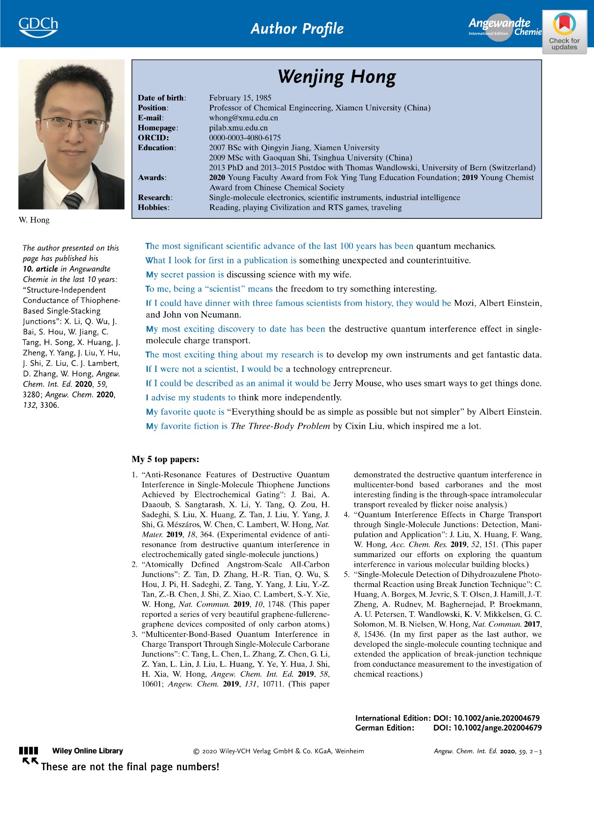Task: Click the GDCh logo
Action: (38, 27)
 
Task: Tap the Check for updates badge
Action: (564, 32)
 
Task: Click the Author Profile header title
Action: (297, 29)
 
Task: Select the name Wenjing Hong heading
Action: (337, 77)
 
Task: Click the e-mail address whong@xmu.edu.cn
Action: (243, 118)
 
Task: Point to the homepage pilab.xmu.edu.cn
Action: (238, 128)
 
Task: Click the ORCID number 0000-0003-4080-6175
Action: (245, 137)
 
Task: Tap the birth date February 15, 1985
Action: (240, 98)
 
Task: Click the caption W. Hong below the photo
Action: (34, 220)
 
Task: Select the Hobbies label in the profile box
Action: (153, 207)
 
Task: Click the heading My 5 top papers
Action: (165, 459)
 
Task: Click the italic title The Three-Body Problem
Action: (280, 426)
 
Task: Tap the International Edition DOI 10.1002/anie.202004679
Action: (486, 718)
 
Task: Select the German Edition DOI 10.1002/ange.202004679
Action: (487, 728)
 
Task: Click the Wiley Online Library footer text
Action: (88, 751)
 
